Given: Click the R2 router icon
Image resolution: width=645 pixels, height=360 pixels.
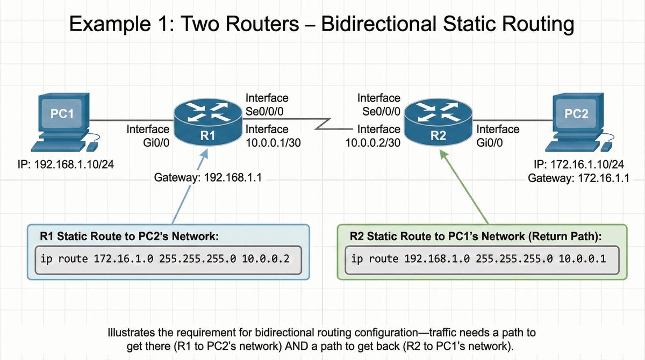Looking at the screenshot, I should pyautogui.click(x=438, y=124).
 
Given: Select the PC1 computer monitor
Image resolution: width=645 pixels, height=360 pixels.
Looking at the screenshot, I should pyautogui.click(x=62, y=115).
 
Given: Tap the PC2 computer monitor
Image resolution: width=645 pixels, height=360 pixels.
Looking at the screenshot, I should pyautogui.click(x=577, y=115).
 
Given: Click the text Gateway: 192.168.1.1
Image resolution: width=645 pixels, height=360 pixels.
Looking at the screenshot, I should pyautogui.click(x=207, y=178).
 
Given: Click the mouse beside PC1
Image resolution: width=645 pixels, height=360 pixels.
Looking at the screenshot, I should pyautogui.click(x=93, y=146).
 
